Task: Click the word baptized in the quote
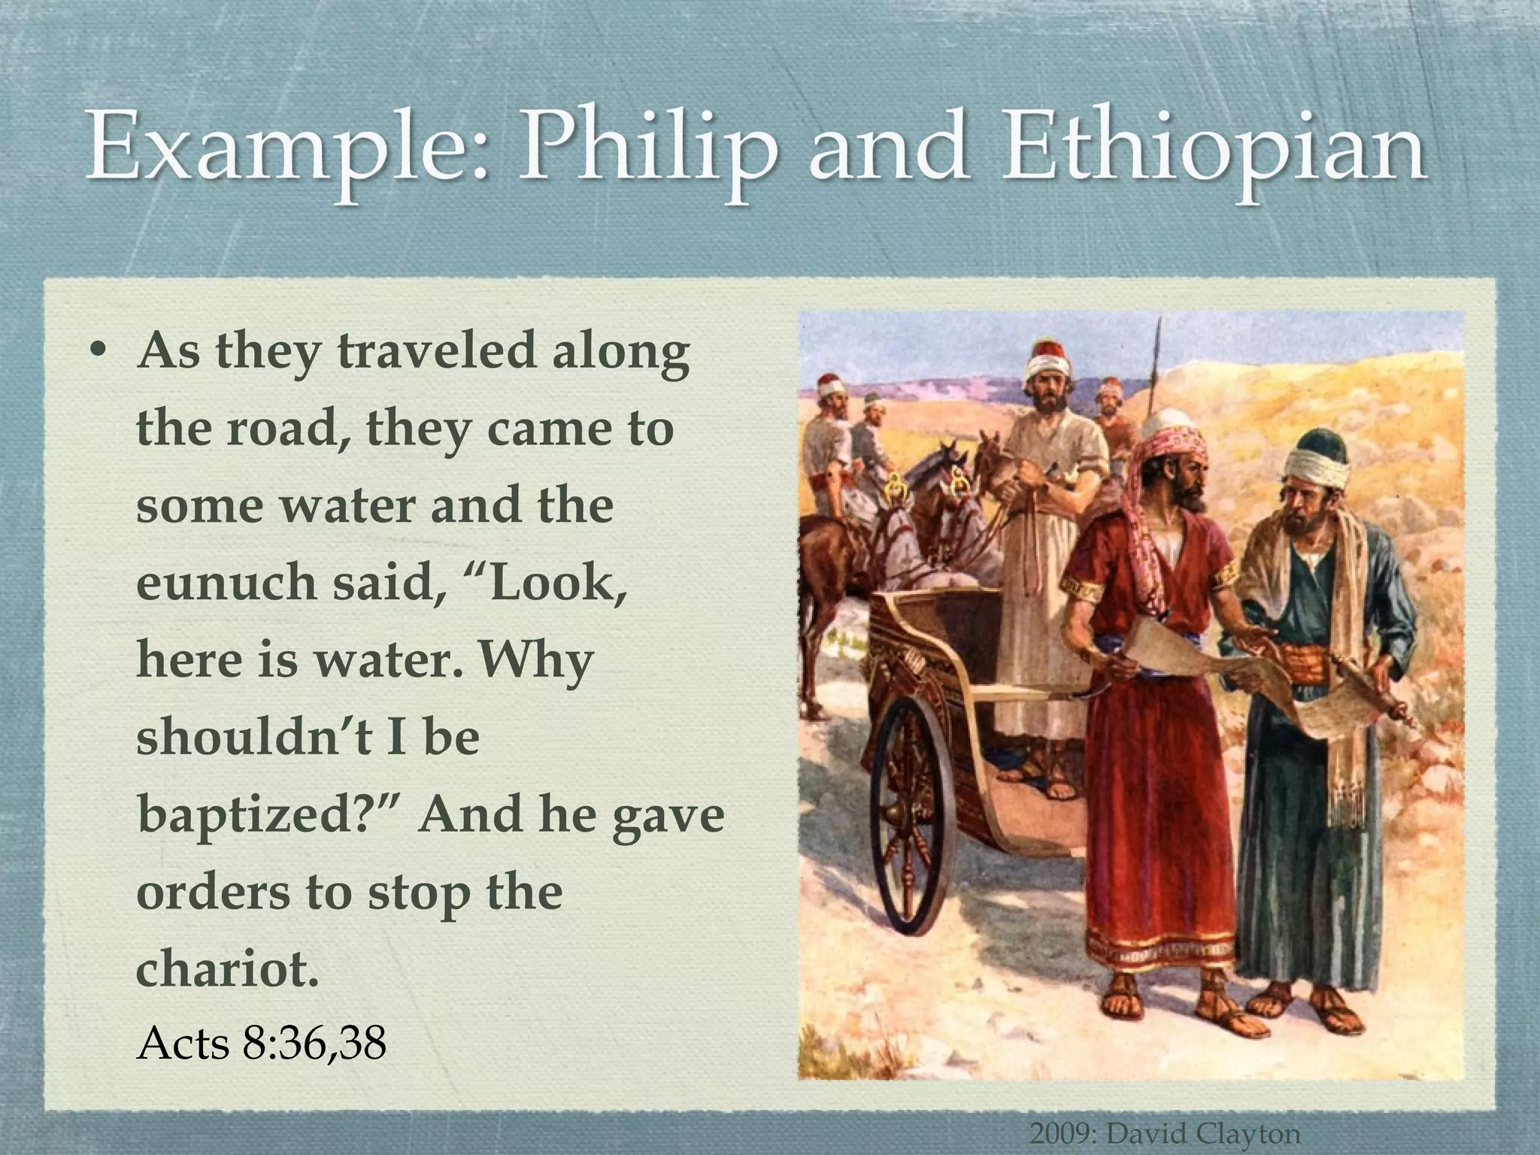coord(263,814)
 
